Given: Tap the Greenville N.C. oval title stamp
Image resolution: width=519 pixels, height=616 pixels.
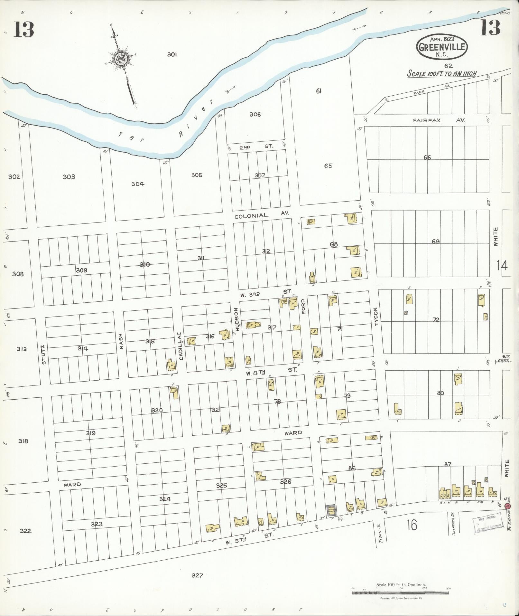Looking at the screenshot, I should (x=442, y=47).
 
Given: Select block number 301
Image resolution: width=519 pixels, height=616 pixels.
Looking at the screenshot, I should (x=172, y=55).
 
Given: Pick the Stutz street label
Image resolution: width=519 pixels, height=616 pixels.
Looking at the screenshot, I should (x=44, y=355).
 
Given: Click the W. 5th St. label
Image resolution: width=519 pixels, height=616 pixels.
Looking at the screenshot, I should (x=249, y=542).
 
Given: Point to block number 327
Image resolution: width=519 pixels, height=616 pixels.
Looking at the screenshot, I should (x=197, y=575).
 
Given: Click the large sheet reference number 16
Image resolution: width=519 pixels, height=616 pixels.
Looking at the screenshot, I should (x=412, y=525).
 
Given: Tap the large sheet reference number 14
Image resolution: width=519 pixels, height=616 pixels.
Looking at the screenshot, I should (x=502, y=266).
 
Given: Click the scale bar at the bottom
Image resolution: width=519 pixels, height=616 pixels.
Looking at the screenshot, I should (x=401, y=593).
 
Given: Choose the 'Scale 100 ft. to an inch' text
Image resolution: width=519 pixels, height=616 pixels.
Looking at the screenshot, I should (x=441, y=73).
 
